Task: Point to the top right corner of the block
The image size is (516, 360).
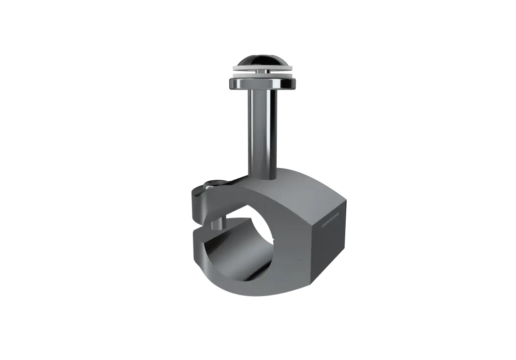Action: tap(348, 199)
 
